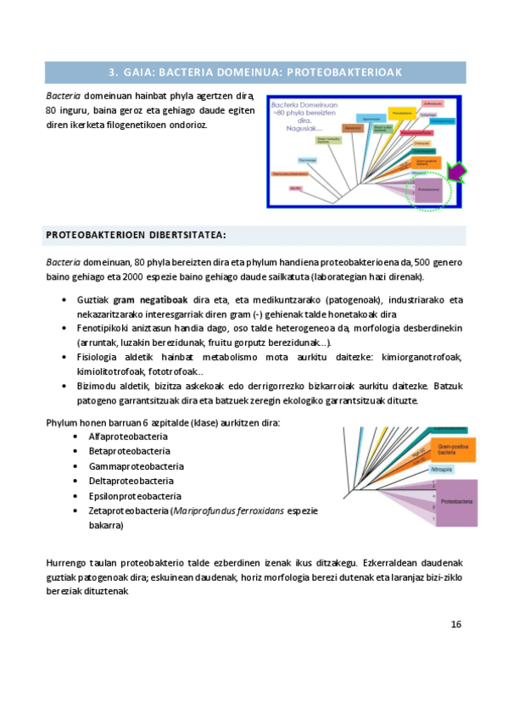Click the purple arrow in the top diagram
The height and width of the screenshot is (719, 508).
coord(456,174)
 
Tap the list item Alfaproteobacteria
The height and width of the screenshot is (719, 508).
coord(128,437)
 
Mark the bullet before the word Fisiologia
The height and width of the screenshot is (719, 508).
coord(65,357)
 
